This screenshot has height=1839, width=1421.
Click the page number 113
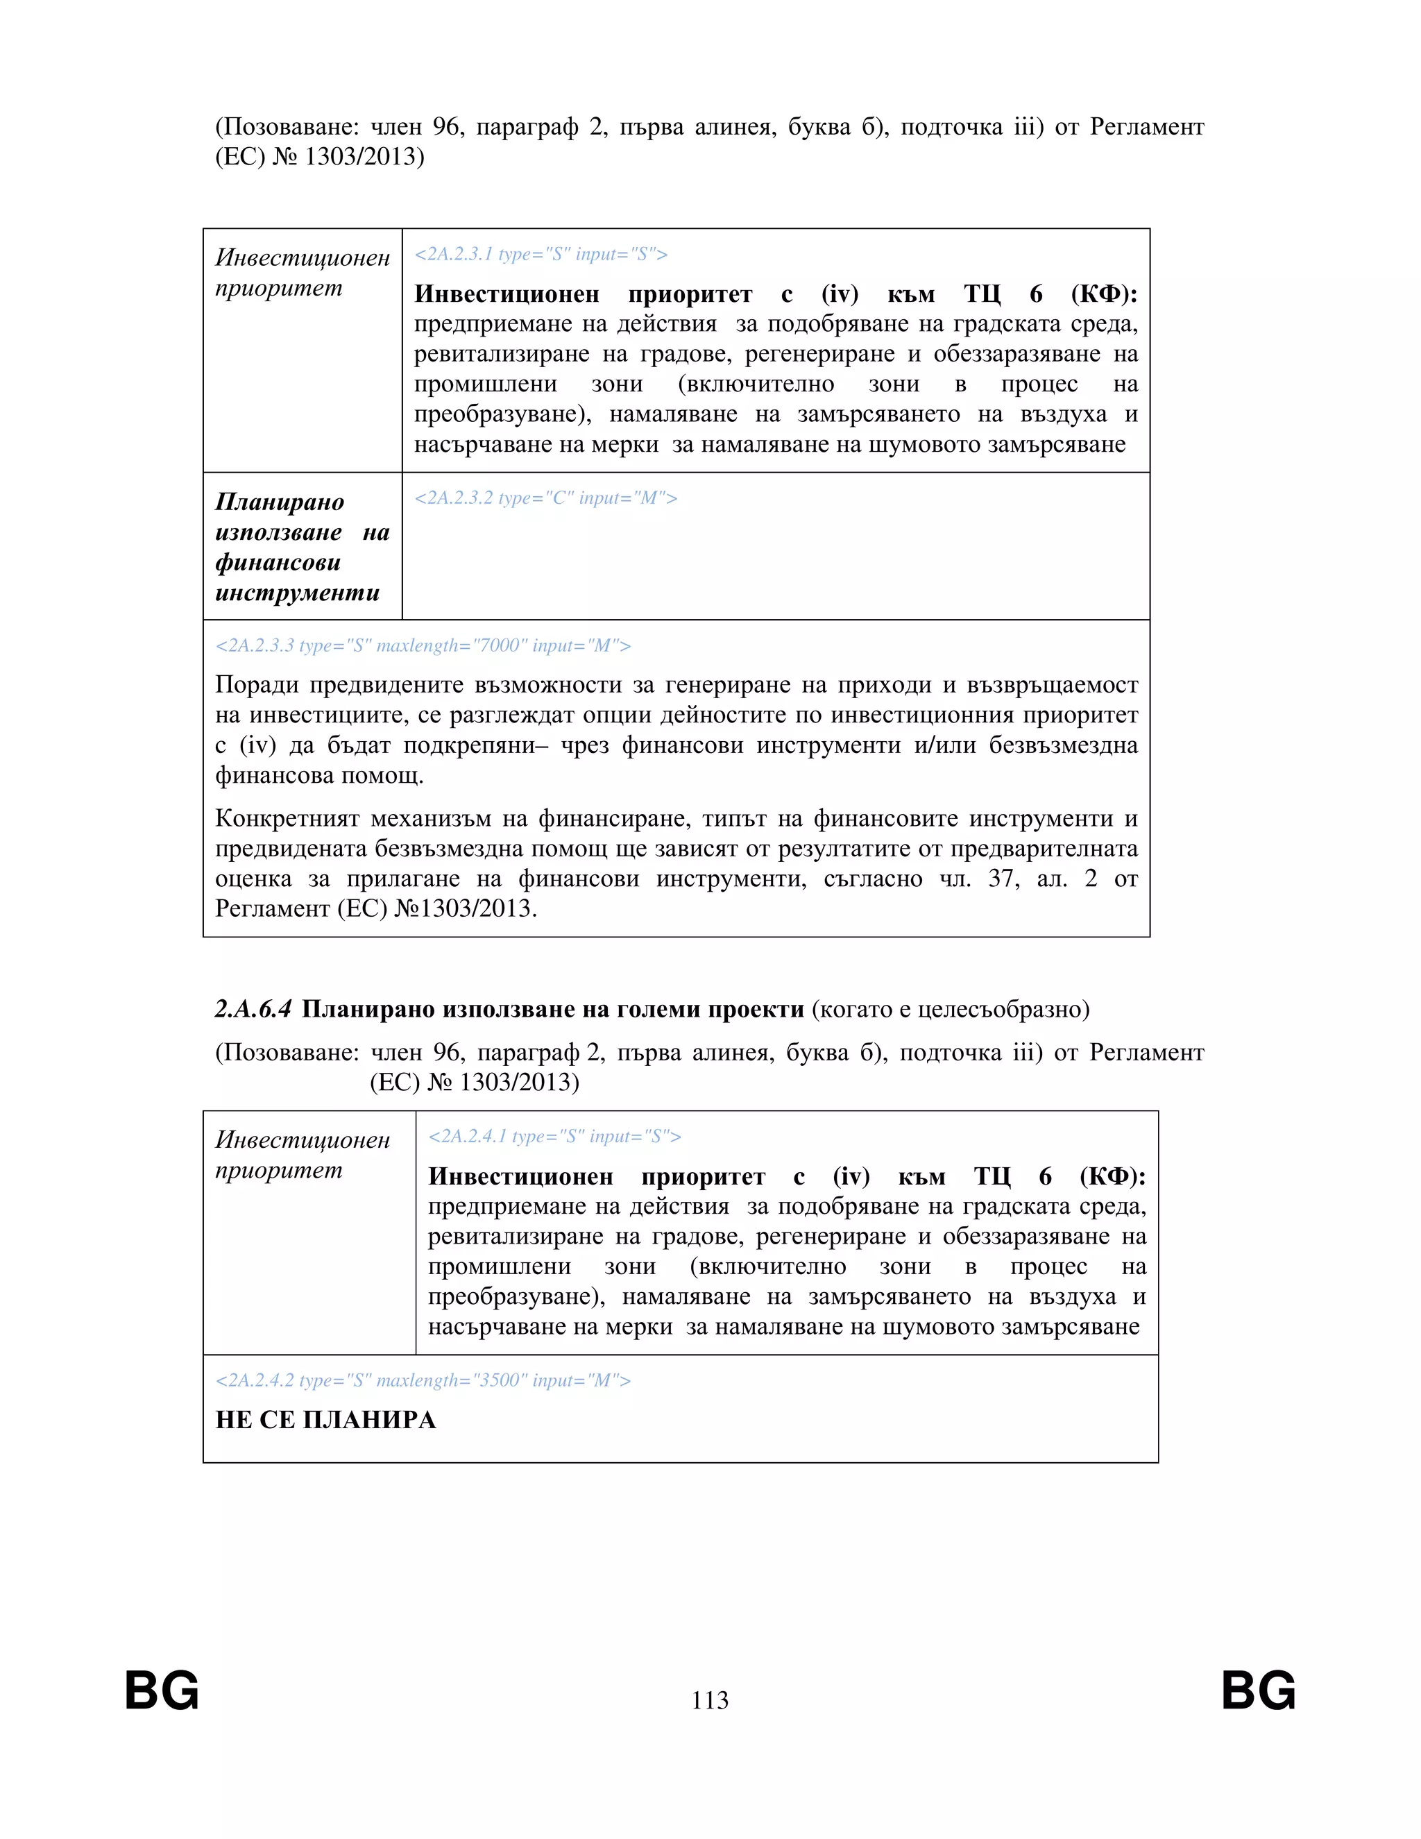coord(710,1700)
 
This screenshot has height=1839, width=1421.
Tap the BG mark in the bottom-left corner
coord(162,1690)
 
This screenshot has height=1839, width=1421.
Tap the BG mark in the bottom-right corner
coord(1259,1690)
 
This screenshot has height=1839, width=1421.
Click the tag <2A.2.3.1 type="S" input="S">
coord(541,254)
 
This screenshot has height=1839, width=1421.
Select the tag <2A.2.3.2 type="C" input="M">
coord(545,498)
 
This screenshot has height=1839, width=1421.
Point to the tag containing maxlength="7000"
coord(423,646)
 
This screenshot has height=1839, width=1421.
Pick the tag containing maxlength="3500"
coord(423,1380)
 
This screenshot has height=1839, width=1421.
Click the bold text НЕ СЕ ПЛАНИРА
coord(326,1420)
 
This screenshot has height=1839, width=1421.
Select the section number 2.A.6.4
coord(253,1009)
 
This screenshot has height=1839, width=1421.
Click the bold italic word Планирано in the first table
coord(280,502)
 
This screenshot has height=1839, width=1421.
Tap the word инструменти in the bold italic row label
coord(297,593)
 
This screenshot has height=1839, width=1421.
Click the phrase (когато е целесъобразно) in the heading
coord(951,1009)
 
